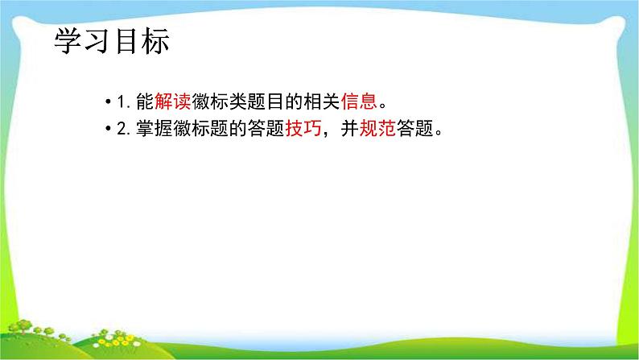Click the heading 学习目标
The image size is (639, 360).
[x=112, y=42]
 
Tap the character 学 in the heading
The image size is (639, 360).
[x=68, y=42]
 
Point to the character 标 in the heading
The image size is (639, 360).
[x=155, y=42]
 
